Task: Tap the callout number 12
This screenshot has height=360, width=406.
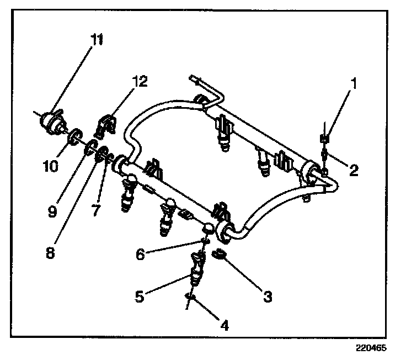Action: click(x=140, y=82)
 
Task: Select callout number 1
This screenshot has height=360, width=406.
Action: click(x=355, y=83)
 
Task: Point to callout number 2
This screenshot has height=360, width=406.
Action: click(x=354, y=170)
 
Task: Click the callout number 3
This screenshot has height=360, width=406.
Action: click(x=268, y=297)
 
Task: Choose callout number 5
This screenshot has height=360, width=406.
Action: click(x=139, y=297)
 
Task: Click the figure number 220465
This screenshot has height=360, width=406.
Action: click(x=371, y=348)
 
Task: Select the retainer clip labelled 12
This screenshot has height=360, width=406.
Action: click(x=106, y=126)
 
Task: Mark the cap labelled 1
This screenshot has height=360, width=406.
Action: click(x=325, y=137)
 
